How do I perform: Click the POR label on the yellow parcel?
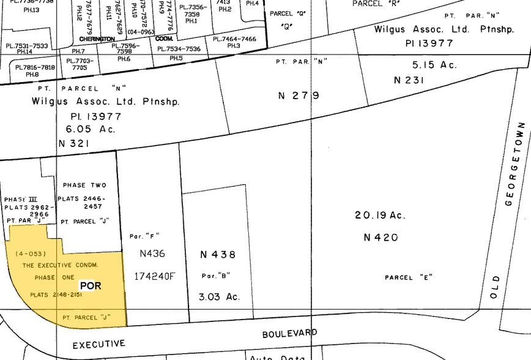pyautogui.click(x=90, y=286)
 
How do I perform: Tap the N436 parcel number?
pyautogui.click(x=152, y=253)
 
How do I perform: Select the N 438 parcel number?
pyautogui.click(x=218, y=255)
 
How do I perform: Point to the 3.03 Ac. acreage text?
pyautogui.click(x=218, y=297)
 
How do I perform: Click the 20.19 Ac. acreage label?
pyautogui.click(x=380, y=216)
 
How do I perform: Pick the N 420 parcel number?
pyautogui.click(x=381, y=238)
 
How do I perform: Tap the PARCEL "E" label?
pyautogui.click(x=409, y=277)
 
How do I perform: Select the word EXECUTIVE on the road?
pyautogui.click(x=98, y=345)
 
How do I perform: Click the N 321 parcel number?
pyautogui.click(x=74, y=143)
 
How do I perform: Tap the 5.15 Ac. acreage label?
pyautogui.click(x=434, y=65)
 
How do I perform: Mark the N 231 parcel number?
pyautogui.click(x=410, y=80)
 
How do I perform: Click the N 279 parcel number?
pyautogui.click(x=299, y=96)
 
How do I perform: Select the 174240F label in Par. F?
pyautogui.click(x=154, y=276)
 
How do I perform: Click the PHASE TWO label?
pyautogui.click(x=84, y=185)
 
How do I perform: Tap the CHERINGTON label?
pyautogui.click(x=97, y=39)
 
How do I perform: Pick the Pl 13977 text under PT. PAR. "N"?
pyautogui.click(x=429, y=43)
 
